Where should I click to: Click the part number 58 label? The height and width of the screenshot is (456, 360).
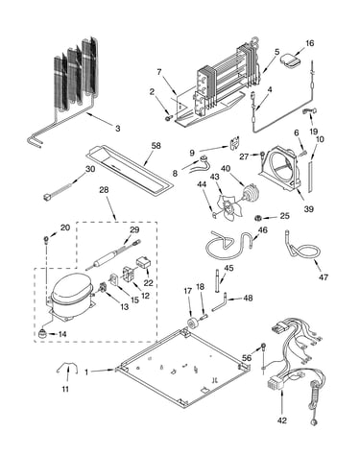point(156,146)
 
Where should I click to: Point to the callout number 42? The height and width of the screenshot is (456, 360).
point(282,420)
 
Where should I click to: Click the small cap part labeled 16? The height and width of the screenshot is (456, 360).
point(291,61)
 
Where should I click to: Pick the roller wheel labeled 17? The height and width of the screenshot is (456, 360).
point(193,324)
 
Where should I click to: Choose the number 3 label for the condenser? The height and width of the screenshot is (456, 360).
point(117,129)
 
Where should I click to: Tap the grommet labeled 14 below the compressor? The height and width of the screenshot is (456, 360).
point(42,334)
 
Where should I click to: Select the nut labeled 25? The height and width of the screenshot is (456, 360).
point(256,218)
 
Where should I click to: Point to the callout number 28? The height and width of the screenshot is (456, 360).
point(104,189)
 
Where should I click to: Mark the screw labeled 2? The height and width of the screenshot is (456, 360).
point(168,119)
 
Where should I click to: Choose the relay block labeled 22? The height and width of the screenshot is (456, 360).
point(143,263)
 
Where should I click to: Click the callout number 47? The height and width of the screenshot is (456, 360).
point(324,276)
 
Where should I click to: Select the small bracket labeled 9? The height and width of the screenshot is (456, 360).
point(235,143)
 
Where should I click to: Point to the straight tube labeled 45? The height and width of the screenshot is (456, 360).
point(218,281)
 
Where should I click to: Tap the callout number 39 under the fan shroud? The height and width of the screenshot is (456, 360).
point(308,209)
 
